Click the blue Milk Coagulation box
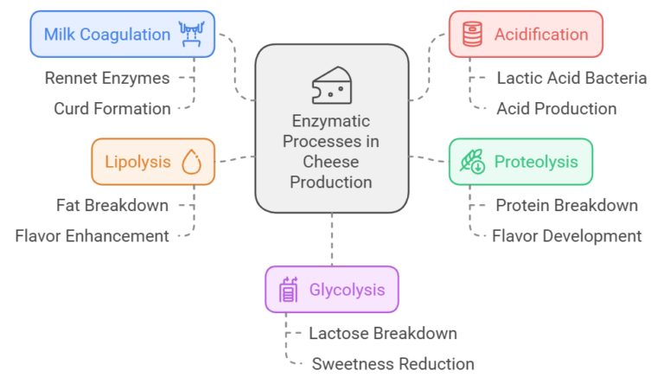pyautogui.click(x=122, y=35)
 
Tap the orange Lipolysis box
pyautogui.click(x=153, y=162)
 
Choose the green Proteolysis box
pyautogui.click(x=520, y=162)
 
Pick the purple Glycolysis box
pyautogui.click(x=332, y=289)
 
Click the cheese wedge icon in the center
pyautogui.click(x=331, y=85)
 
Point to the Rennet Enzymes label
pyautogui.click(x=107, y=78)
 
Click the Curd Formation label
pyautogui.click(x=112, y=108)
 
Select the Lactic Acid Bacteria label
pyautogui.click(x=571, y=78)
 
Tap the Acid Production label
pyautogui.click(x=556, y=108)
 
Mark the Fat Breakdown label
pyautogui.click(x=112, y=205)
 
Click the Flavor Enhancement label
pyautogui.click(x=93, y=235)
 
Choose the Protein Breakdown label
pyautogui.click(x=566, y=205)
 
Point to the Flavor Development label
pyautogui.click(x=566, y=235)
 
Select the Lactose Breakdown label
pyautogui.click(x=382, y=333)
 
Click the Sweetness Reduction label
pyautogui.click(x=393, y=363)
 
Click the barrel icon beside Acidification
pyautogui.click(x=472, y=35)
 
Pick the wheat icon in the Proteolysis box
pyautogui.click(x=472, y=162)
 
